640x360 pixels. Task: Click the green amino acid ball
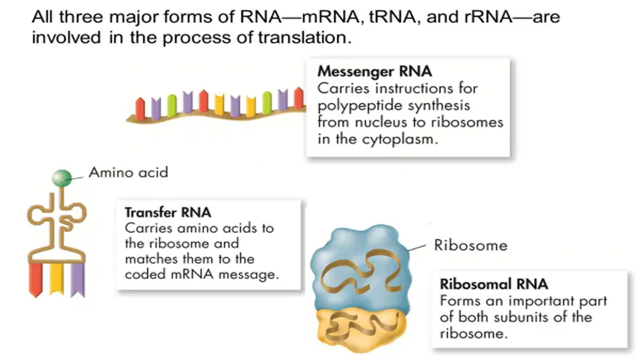[x=62, y=178]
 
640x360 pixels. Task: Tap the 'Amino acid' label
[x=128, y=172]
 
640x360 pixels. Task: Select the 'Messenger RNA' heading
[x=374, y=71]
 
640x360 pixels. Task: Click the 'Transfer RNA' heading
[x=168, y=212]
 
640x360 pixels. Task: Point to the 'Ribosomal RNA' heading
[x=494, y=284]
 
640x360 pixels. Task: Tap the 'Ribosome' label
[x=470, y=245]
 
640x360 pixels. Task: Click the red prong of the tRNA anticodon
[x=36, y=280]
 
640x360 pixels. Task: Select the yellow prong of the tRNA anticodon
[x=56, y=279]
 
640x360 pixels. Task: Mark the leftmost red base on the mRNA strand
[x=140, y=108]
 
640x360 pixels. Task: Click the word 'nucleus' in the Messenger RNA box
[x=380, y=122]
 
